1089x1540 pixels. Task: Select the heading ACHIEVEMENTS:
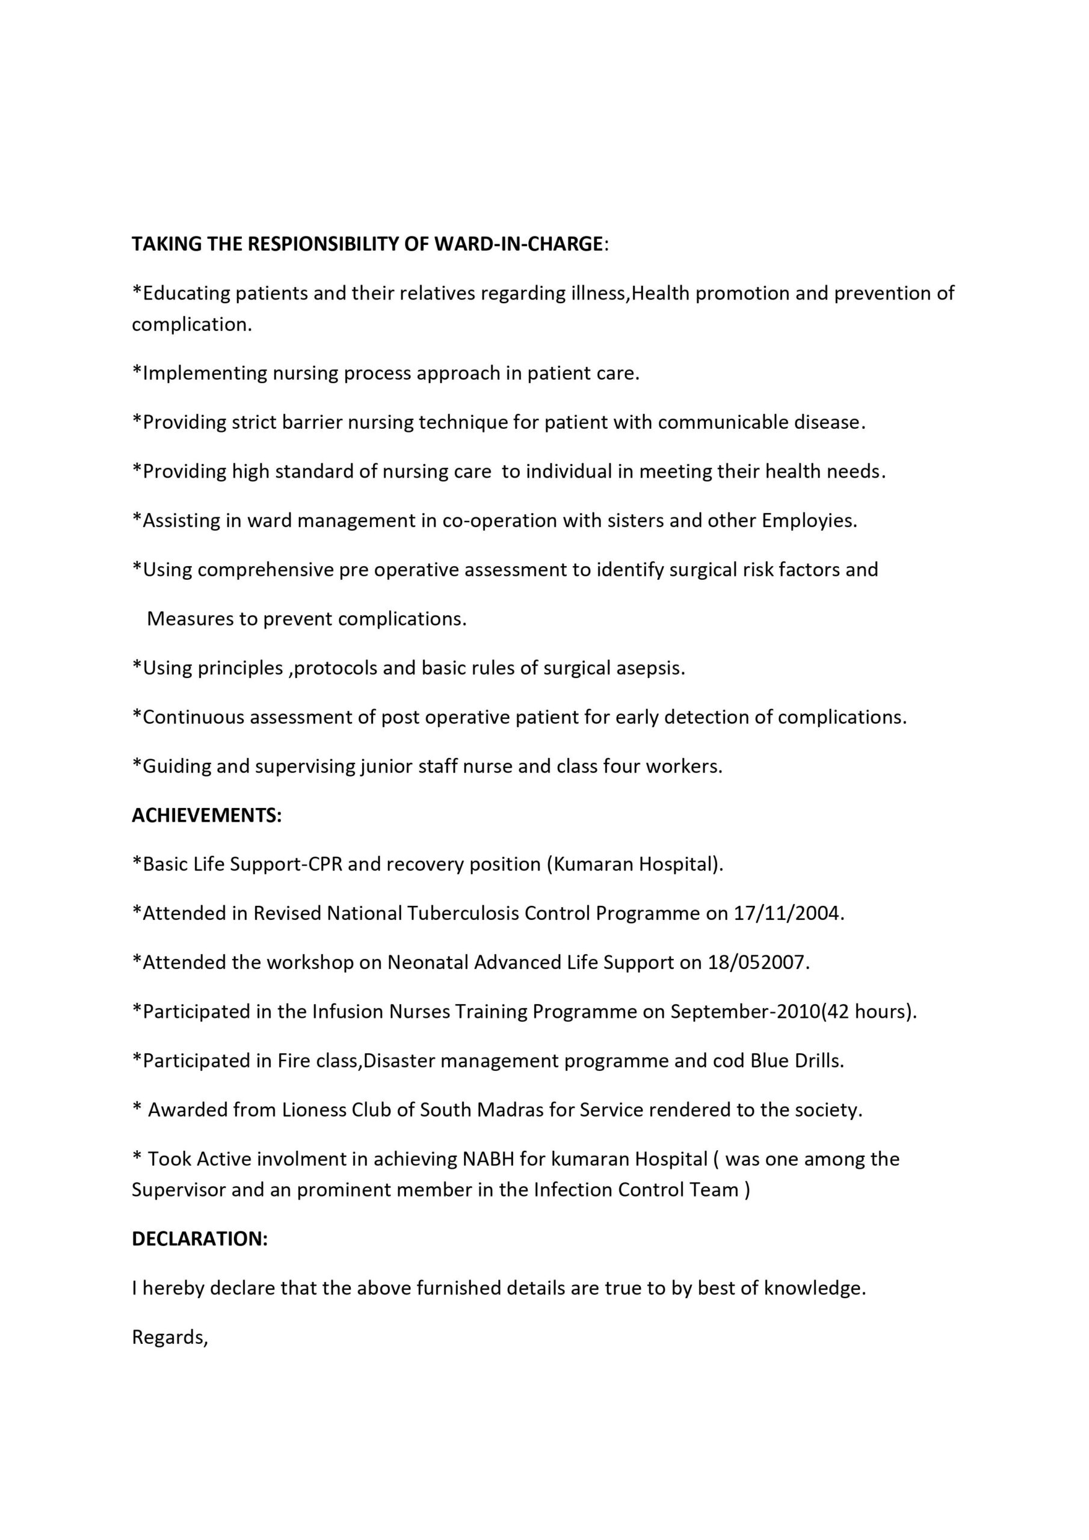click(x=206, y=816)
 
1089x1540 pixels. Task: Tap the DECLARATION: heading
click(x=200, y=1239)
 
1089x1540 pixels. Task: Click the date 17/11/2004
click(x=788, y=914)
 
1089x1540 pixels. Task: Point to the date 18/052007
click(x=758, y=962)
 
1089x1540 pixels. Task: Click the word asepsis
click(x=650, y=668)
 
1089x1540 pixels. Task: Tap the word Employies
click(x=809, y=520)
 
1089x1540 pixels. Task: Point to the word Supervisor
click(x=178, y=1190)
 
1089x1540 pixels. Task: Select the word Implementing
click(x=205, y=374)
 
